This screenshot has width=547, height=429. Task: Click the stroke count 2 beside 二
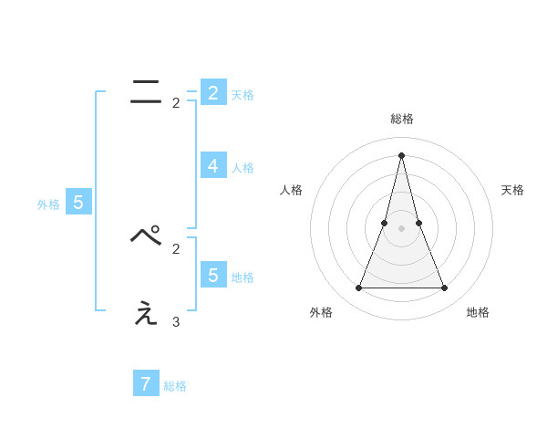[176, 103]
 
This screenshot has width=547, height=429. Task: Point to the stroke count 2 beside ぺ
[176, 248]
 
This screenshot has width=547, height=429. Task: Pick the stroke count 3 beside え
[176, 322]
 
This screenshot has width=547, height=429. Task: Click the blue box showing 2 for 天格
[212, 93]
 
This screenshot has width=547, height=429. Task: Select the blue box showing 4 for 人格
[212, 165]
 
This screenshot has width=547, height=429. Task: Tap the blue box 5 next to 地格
[212, 275]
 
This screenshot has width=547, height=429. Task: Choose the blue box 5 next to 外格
[77, 203]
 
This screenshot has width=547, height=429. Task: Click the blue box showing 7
[145, 383]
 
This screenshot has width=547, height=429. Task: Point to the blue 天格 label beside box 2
[243, 95]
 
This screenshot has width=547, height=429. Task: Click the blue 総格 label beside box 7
[175, 386]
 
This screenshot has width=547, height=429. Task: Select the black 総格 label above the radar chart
[401, 120]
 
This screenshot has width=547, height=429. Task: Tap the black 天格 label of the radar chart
[513, 190]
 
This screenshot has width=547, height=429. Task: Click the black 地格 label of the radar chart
[478, 312]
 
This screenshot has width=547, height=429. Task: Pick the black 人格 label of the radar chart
[291, 190]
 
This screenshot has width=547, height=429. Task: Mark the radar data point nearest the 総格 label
[401, 155]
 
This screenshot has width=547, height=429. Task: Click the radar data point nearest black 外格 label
[358, 288]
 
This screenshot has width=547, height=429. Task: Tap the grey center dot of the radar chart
[401, 228]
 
